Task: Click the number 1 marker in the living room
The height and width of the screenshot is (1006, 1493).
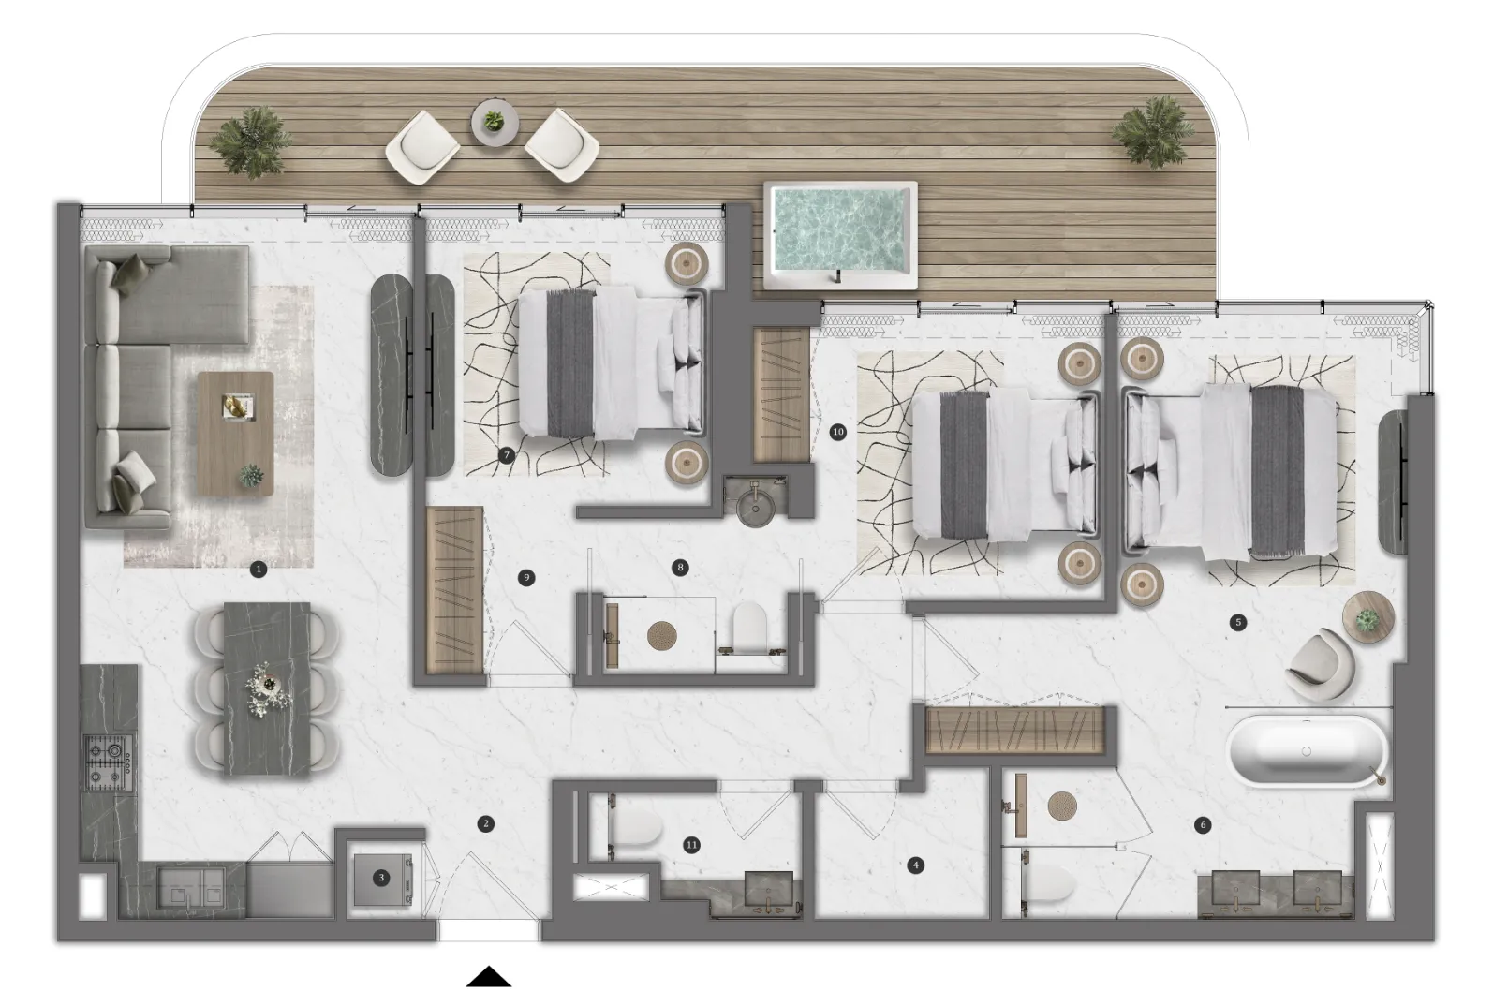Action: click(x=258, y=569)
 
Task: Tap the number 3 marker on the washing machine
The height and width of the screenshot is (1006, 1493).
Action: click(x=381, y=878)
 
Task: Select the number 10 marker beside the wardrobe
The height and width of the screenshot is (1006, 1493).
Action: click(x=837, y=432)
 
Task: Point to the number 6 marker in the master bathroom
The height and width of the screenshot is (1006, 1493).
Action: click(x=1203, y=825)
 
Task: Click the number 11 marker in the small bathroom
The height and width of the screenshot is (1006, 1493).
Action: click(x=692, y=845)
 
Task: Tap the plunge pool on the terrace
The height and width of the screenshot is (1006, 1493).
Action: click(x=840, y=235)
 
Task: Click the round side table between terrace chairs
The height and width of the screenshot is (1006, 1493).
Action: click(x=495, y=123)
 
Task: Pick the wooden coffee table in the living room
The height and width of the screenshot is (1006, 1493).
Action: click(x=235, y=434)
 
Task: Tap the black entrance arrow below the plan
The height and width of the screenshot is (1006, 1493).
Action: click(x=489, y=976)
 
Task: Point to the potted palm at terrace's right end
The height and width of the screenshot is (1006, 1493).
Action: click(x=1152, y=131)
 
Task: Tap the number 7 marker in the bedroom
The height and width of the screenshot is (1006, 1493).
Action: click(x=507, y=455)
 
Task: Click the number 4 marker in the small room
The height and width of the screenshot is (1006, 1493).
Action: click(x=916, y=865)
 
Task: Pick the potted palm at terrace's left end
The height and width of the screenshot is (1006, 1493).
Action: click(x=251, y=142)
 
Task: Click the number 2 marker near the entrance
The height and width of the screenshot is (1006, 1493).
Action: click(x=486, y=823)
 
